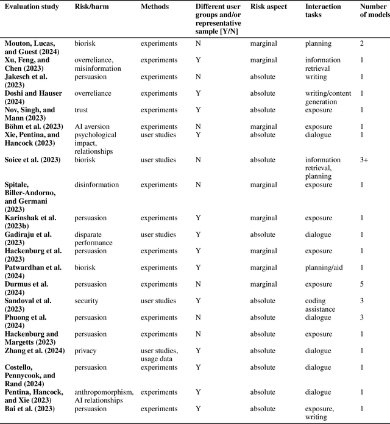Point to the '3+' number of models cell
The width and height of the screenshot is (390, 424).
click(x=364, y=160)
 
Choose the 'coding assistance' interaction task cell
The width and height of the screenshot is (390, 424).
click(x=321, y=304)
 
